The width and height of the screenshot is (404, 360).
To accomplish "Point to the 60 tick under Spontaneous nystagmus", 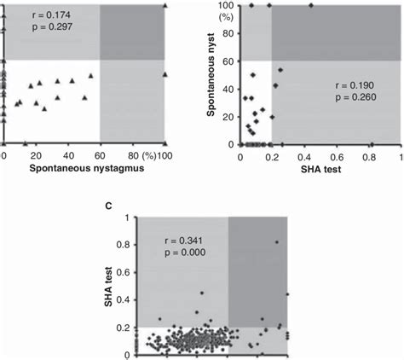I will pos(100,156).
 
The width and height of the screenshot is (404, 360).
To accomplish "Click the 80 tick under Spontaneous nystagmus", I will pos(130,156).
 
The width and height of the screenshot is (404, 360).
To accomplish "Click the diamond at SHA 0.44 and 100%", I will pos(310,5).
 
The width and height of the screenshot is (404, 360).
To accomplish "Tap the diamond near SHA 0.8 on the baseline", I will pos(372,144).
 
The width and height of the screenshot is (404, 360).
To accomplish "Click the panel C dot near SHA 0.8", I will pos(276,242).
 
